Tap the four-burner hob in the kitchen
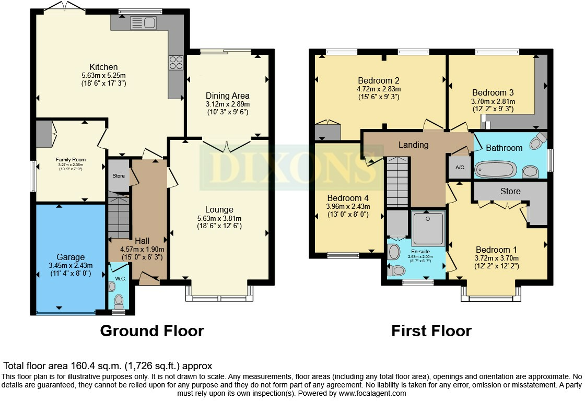(x=176, y=63)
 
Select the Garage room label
(x=71, y=257)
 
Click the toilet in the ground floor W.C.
(x=119, y=300)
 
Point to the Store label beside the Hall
(x=119, y=176)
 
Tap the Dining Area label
(x=227, y=96)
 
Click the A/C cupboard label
(x=460, y=168)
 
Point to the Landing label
(x=413, y=145)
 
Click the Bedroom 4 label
(x=347, y=198)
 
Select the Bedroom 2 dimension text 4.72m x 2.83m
(x=379, y=89)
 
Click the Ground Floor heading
(x=151, y=331)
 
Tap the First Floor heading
(x=431, y=331)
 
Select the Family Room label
(x=71, y=160)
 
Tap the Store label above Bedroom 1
(x=510, y=191)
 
